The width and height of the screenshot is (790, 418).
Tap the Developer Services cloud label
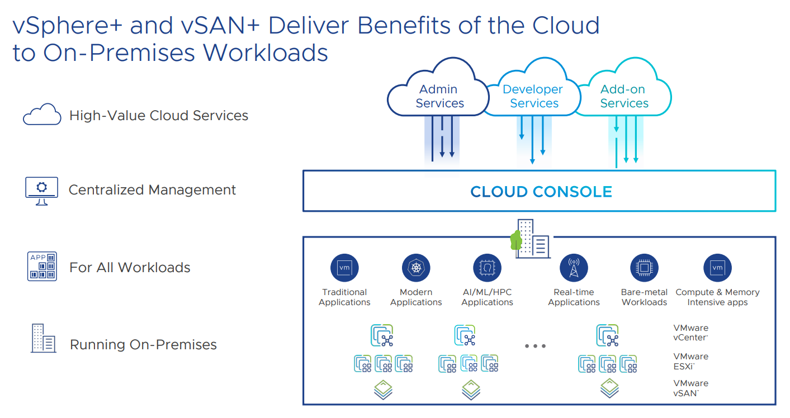point(533,96)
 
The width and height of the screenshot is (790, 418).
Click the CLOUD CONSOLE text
point(541,192)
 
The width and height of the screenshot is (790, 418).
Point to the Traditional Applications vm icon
point(344,268)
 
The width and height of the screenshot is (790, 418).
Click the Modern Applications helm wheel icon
point(416,268)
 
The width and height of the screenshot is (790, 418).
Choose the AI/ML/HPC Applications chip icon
point(488,268)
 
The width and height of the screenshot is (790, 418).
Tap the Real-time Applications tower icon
point(574,268)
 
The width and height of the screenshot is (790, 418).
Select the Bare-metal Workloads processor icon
point(644,268)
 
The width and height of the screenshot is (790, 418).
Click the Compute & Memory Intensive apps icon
point(717,268)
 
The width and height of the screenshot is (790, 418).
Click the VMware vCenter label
point(690,332)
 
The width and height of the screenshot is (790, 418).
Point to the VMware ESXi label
point(690,361)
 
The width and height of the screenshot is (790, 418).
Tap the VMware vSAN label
point(690,388)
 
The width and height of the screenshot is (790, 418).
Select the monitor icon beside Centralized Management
point(41,191)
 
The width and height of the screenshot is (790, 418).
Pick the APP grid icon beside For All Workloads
point(42,266)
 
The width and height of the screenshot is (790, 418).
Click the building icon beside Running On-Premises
point(44,338)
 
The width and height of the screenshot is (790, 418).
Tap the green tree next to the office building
point(516,240)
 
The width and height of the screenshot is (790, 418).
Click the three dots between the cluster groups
point(535,346)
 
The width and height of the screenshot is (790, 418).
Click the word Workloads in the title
point(265,53)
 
